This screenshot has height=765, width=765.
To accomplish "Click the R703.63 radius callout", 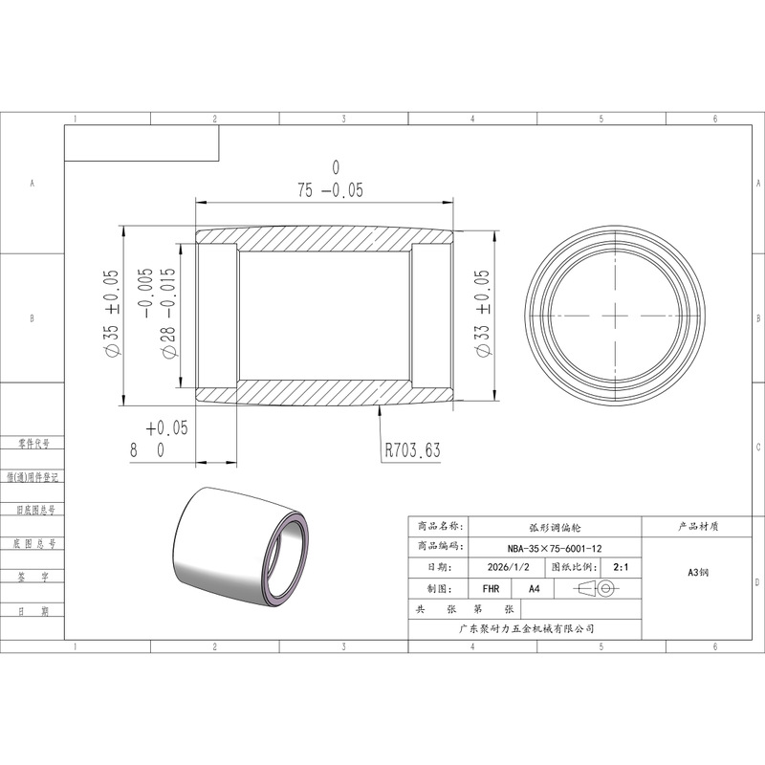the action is (413, 449).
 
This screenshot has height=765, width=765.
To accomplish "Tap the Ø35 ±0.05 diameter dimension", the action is (112, 313).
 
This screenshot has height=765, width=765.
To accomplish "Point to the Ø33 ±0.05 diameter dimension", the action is (482, 314).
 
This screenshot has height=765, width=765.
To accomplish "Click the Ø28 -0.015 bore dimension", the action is (157, 314).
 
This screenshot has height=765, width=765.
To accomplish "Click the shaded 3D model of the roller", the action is (241, 547).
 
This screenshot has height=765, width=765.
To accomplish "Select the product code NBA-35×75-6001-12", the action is (555, 548).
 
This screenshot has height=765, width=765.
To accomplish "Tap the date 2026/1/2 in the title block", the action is (508, 567).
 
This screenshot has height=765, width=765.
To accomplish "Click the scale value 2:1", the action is (621, 567).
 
